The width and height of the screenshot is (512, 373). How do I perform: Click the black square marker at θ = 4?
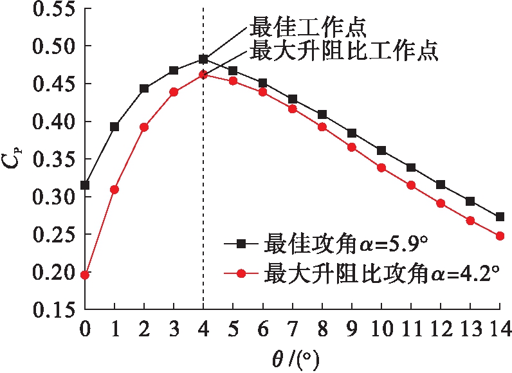coord(203,59)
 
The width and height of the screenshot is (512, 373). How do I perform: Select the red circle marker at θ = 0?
coord(85,275)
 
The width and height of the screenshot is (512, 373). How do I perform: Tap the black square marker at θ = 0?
coord(85,185)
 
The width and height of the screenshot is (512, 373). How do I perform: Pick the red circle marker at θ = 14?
coord(500,236)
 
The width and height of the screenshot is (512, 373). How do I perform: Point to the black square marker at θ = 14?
coord(500,217)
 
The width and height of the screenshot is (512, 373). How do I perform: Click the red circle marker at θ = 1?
coord(114,189)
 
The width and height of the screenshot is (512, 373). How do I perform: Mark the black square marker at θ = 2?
coord(144,89)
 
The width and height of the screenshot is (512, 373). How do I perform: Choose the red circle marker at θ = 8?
coord(322,127)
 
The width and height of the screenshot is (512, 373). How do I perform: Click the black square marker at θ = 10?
coord(381,150)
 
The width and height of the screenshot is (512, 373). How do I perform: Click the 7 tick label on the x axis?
coord(293,329)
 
